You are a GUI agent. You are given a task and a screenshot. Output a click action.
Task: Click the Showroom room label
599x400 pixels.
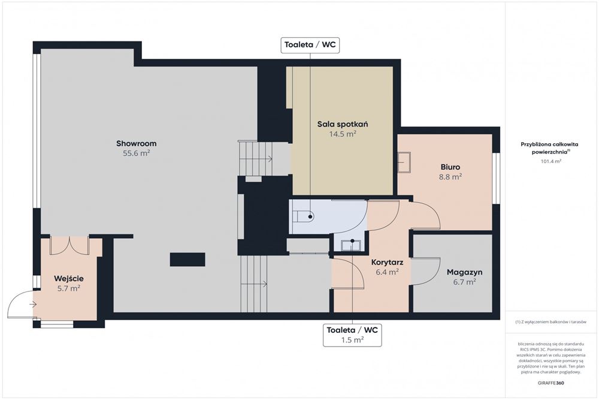[x=137, y=143]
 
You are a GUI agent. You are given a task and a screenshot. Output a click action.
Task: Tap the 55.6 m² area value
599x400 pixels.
[x=137, y=154]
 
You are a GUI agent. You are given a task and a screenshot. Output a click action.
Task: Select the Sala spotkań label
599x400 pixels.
[x=343, y=124]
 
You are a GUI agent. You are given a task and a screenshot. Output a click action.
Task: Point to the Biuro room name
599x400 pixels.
[x=450, y=167]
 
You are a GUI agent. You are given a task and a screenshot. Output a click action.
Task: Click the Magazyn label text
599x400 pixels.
[x=465, y=272]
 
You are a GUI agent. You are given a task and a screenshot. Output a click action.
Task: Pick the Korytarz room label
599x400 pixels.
[x=388, y=262]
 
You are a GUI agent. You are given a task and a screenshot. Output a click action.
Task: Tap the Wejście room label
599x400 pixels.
[x=69, y=278]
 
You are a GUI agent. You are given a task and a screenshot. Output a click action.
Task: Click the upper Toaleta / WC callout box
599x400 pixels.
[x=310, y=45]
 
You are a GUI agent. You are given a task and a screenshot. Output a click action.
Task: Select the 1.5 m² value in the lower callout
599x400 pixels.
[x=352, y=340]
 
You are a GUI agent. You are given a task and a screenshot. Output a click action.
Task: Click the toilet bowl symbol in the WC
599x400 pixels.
[x=303, y=216]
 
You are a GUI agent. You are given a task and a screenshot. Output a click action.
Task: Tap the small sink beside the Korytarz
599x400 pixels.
[x=350, y=245]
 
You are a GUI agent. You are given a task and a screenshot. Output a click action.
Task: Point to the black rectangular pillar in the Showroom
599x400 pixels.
[x=187, y=259]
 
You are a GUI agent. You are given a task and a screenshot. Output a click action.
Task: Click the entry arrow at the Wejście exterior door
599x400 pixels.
[x=33, y=305]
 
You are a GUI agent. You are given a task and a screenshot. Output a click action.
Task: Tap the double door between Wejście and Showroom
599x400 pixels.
[x=69, y=245]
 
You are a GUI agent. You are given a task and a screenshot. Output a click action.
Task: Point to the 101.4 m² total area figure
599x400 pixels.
[x=551, y=161]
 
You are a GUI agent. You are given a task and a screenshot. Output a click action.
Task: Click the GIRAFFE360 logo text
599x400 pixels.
[x=550, y=383]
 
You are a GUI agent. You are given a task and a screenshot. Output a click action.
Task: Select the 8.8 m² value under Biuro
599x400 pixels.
[x=450, y=177]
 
